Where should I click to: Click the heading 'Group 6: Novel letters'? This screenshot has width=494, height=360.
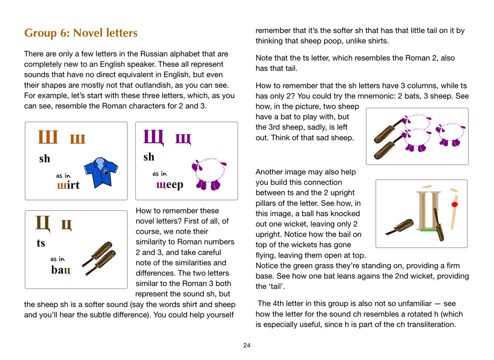pyautogui.click(x=81, y=33)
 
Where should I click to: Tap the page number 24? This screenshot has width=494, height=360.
pyautogui.click(x=247, y=345)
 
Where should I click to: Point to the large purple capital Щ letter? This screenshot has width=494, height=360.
pyautogui.click(x=154, y=136)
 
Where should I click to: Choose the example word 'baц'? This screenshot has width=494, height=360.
pyautogui.click(x=61, y=270)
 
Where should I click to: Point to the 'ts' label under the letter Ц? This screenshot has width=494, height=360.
pyautogui.click(x=41, y=243)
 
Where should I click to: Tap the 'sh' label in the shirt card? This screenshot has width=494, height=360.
pyautogui.click(x=44, y=159)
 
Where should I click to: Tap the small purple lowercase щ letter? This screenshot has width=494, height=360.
pyautogui.click(x=183, y=139)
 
